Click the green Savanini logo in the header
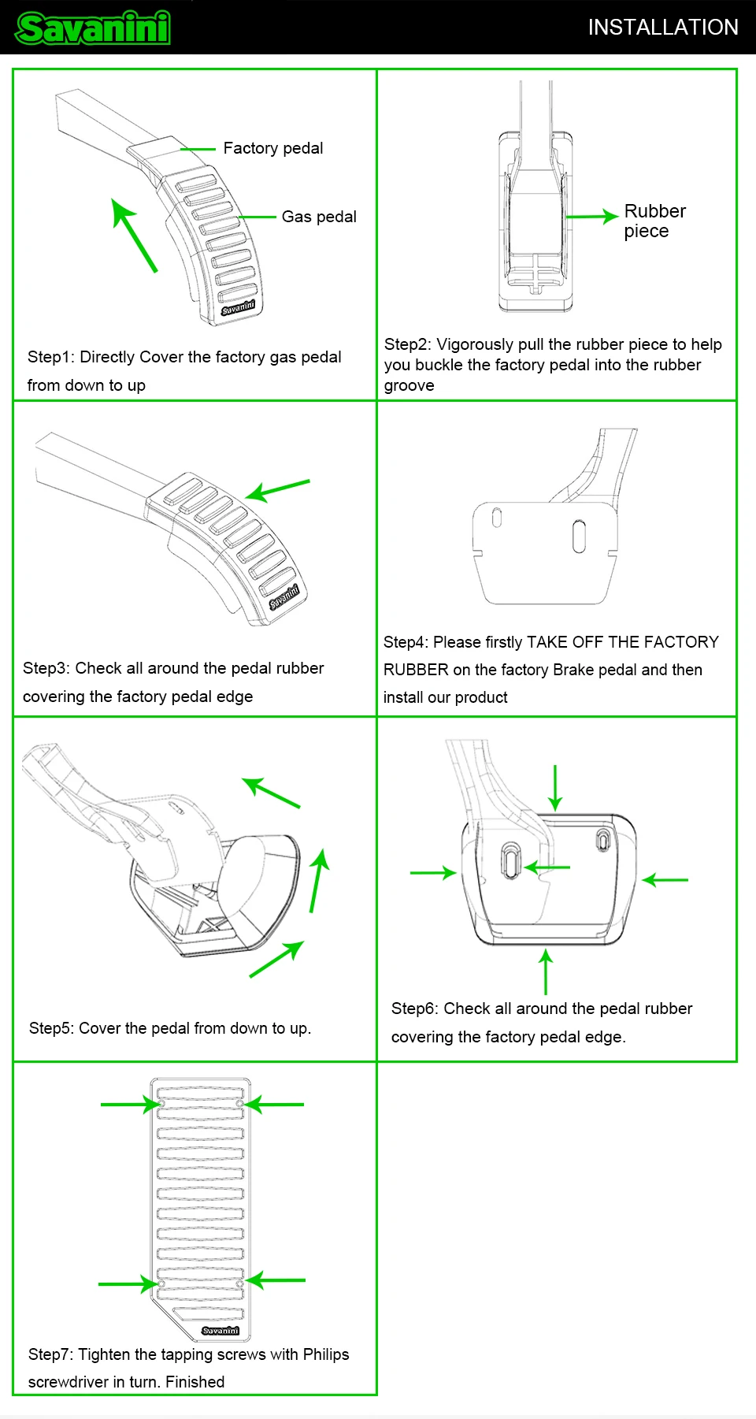(x=93, y=28)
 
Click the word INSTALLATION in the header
(x=663, y=28)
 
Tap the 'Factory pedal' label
(x=272, y=148)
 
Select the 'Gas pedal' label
(x=319, y=217)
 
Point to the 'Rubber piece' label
(x=654, y=221)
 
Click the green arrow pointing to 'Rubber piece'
(x=591, y=216)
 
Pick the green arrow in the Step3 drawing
(x=277, y=489)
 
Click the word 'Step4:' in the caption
(x=406, y=642)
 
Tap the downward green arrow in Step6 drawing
(x=555, y=787)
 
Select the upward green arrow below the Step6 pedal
(x=546, y=972)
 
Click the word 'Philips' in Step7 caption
(x=326, y=1354)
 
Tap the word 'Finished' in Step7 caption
(x=195, y=1382)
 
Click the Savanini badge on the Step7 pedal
(x=220, y=1331)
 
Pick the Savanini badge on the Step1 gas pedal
(x=238, y=307)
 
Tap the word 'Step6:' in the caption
(x=415, y=1009)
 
